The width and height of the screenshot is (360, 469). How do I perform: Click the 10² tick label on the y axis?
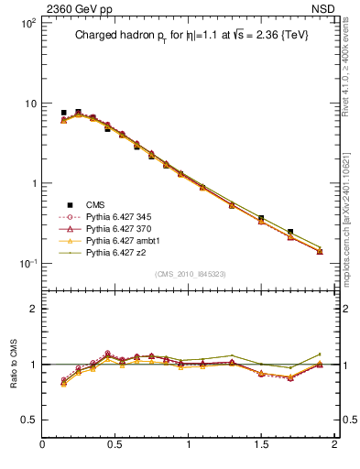[x=27, y=23]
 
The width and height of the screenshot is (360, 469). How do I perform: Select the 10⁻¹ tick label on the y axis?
[x=27, y=264]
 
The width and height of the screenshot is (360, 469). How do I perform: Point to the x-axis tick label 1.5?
[x=261, y=446]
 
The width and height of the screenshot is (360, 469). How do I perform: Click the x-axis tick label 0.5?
[x=115, y=446]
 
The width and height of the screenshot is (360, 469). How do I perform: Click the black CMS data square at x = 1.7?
[x=290, y=233]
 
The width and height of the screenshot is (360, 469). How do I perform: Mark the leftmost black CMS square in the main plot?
[x=63, y=113]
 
